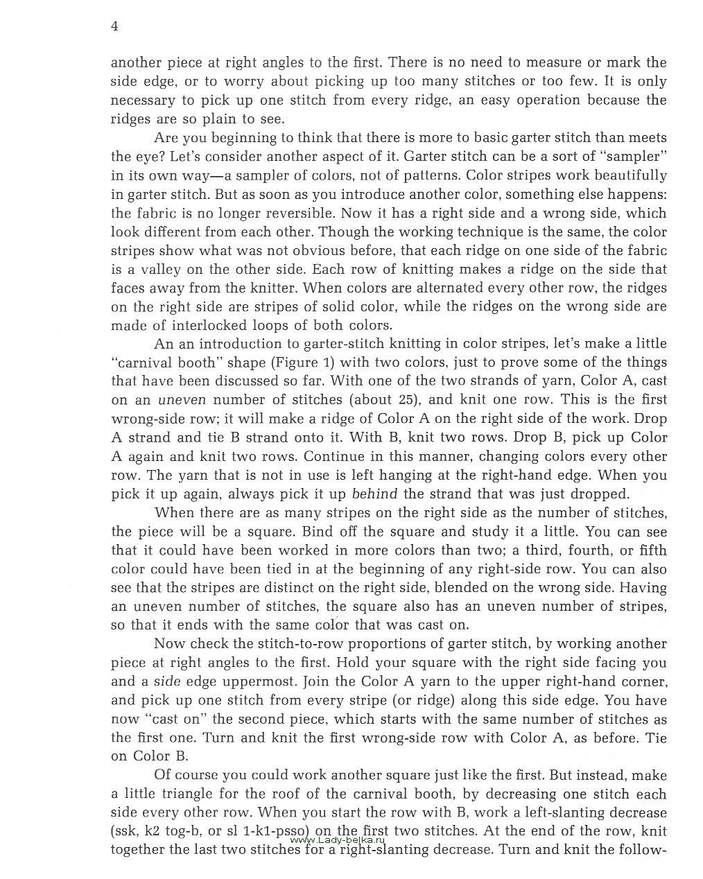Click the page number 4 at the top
tap(114, 26)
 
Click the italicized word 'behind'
tap(375, 494)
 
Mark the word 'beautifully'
tap(622, 175)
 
